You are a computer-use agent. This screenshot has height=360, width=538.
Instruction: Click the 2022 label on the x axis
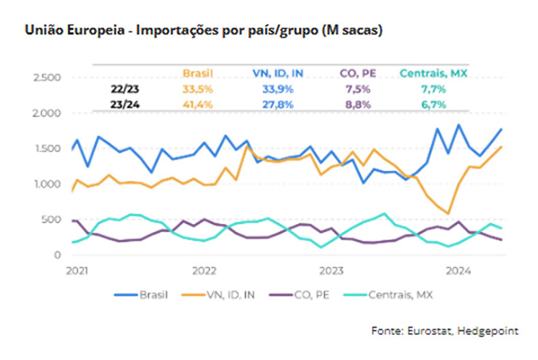tap(205, 270)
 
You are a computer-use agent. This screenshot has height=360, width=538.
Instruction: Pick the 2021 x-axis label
tap(78, 270)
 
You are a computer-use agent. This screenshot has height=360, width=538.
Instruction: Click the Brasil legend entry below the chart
tap(142, 295)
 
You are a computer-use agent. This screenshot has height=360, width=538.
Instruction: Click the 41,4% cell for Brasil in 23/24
tap(197, 103)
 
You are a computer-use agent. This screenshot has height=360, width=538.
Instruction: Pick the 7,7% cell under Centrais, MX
tap(432, 88)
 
